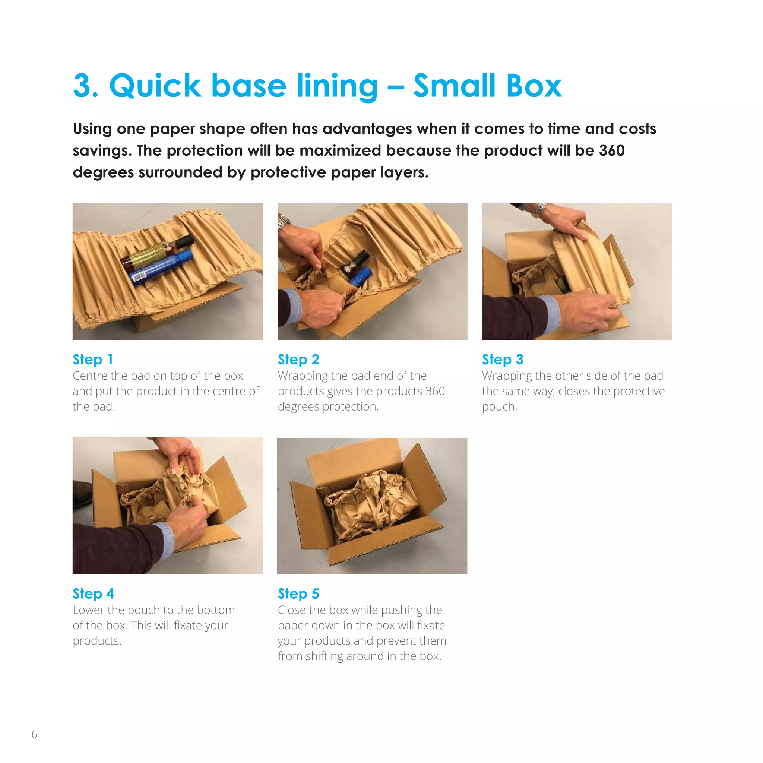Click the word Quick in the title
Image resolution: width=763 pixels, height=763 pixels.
[155, 86]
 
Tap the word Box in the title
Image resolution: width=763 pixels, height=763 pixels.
[534, 86]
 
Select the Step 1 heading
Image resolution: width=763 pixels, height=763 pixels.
[93, 360]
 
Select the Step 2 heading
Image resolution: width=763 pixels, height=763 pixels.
[298, 360]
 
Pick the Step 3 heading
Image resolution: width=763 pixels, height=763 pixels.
[502, 360]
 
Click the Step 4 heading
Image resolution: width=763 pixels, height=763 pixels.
[93, 593]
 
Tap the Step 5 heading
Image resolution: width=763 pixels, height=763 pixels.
[298, 593]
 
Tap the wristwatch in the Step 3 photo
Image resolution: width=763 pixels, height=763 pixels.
[539, 208]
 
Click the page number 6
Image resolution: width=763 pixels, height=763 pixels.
[34, 735]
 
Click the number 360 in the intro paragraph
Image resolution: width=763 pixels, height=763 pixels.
[612, 151]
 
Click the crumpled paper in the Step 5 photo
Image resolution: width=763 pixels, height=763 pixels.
[371, 509]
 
